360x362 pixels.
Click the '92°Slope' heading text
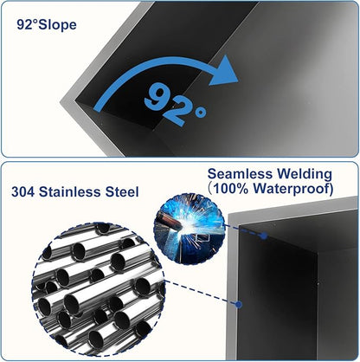47,24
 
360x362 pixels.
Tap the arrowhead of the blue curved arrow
224,71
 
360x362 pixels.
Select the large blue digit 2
176,113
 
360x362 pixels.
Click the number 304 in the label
23,192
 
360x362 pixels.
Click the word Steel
122,192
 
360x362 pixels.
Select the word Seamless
240,174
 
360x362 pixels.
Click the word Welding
305,174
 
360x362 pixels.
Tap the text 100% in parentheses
232,189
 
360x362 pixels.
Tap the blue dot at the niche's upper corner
263,236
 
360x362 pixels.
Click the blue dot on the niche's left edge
239,304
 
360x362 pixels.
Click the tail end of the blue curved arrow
98,109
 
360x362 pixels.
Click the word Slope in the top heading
57,24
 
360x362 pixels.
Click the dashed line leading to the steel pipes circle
201,293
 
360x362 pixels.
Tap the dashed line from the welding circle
244,230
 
